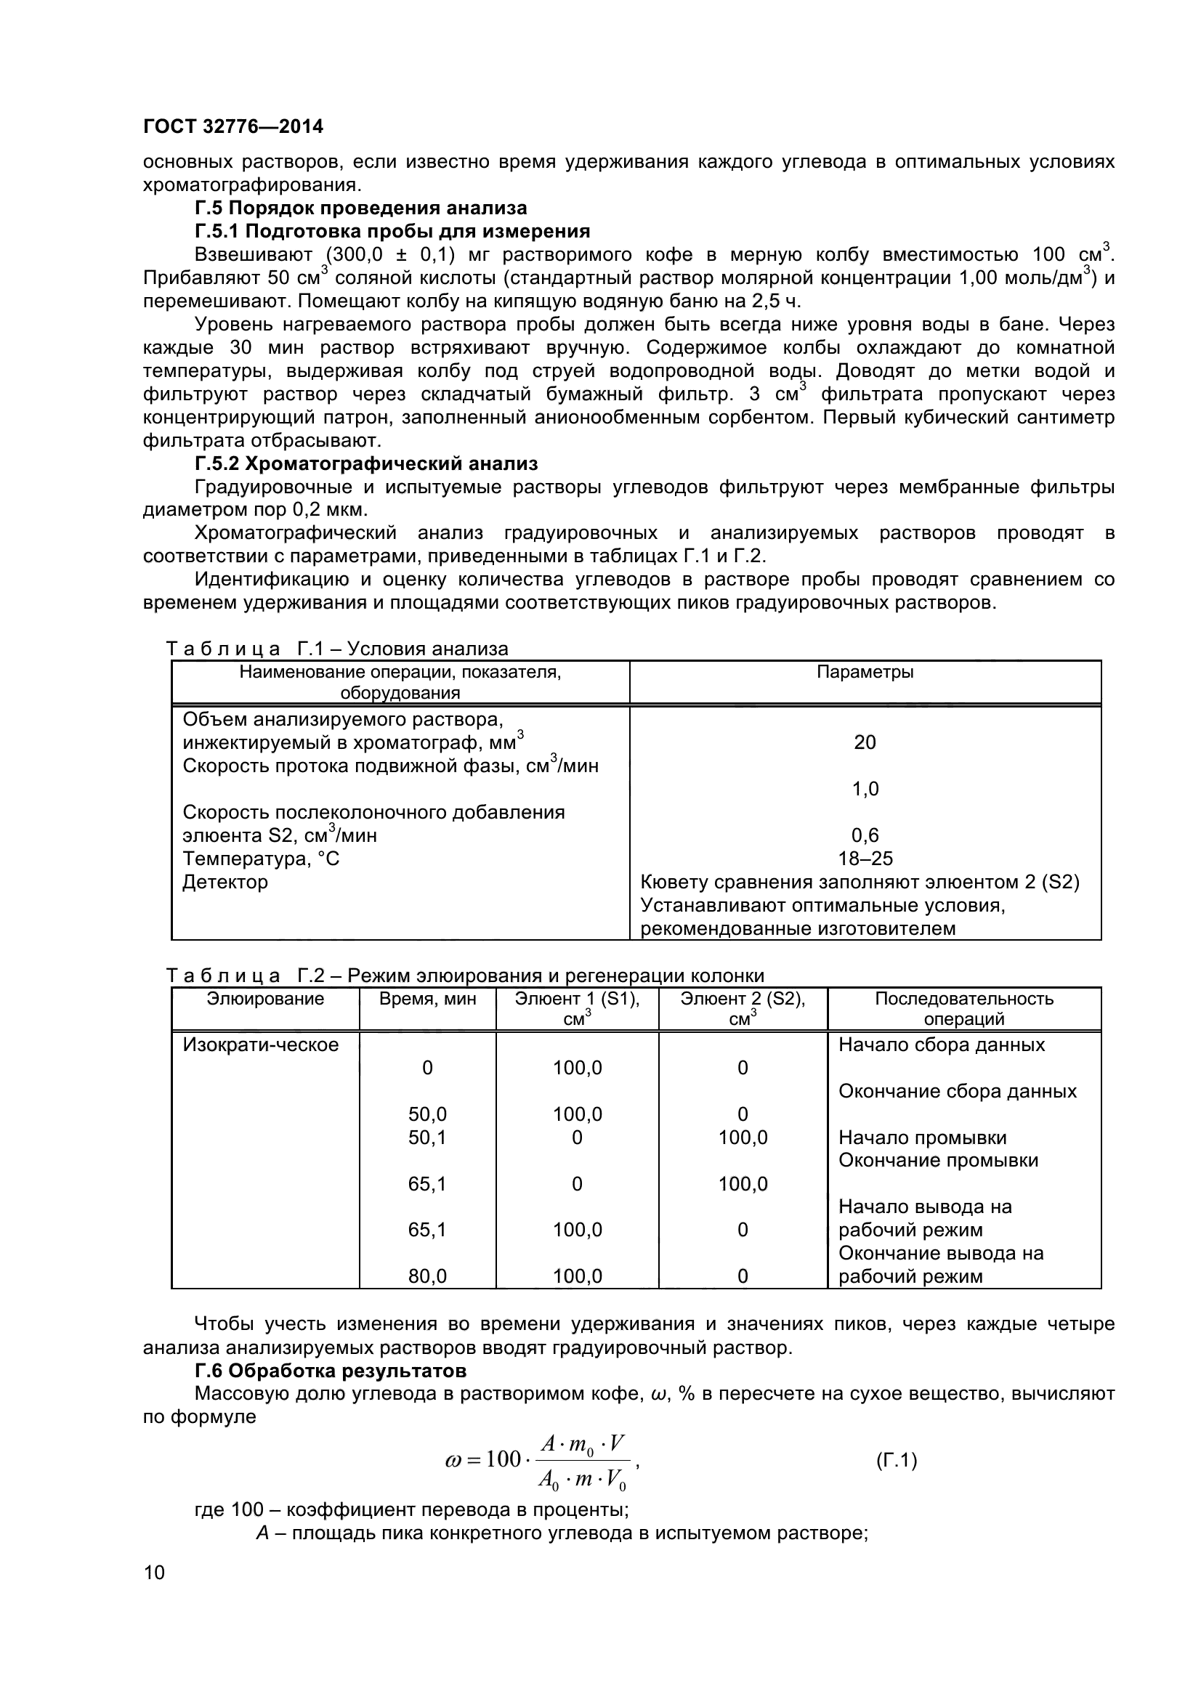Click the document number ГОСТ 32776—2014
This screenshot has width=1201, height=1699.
pyautogui.click(x=233, y=126)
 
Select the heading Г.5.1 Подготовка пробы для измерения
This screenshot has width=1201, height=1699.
pyautogui.click(x=392, y=232)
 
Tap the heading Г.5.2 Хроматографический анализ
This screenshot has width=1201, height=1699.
pyautogui.click(x=366, y=464)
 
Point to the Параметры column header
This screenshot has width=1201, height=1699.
pyautogui.click(x=865, y=672)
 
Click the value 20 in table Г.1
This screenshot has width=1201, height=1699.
pyautogui.click(x=865, y=742)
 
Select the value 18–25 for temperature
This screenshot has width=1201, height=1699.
pyautogui.click(x=865, y=859)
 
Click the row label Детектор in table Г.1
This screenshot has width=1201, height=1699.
pyautogui.click(x=225, y=882)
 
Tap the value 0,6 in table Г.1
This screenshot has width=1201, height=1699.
pyautogui.click(x=865, y=835)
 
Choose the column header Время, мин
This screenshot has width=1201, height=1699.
pyautogui.click(x=427, y=999)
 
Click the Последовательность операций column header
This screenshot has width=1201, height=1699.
pyautogui.click(x=963, y=1009)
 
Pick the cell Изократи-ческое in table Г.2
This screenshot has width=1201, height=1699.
pyautogui.click(x=261, y=1045)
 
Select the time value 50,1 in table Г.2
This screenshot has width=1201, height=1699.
pyautogui.click(x=427, y=1138)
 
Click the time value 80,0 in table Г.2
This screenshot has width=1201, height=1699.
pyautogui.click(x=427, y=1276)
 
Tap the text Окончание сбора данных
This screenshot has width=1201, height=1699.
pyautogui.click(x=957, y=1092)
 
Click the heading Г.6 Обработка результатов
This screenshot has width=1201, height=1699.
pyautogui.click(x=330, y=1371)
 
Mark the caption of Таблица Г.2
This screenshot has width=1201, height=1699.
pyautogui.click(x=466, y=976)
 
